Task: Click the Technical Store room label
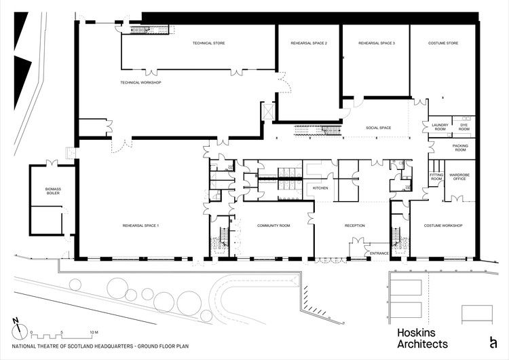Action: click(209, 43)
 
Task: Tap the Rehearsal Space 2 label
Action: click(309, 43)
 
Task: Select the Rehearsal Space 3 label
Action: click(377, 43)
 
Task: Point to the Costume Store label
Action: click(443, 43)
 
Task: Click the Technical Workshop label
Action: click(141, 82)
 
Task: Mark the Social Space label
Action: click(379, 128)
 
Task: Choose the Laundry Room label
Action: click(440, 127)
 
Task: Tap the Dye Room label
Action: click(464, 127)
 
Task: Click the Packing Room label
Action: click(460, 148)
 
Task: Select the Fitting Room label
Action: click(436, 177)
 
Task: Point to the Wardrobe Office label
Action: click(459, 177)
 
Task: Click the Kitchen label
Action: click(320, 188)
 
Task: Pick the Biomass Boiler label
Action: click(53, 191)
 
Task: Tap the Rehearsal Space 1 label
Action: click(141, 226)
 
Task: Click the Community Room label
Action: click(274, 226)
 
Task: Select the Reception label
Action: click(355, 226)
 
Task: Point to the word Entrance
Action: click(379, 253)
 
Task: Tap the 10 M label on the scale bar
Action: click(94, 332)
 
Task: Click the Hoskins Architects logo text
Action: click(422, 338)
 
